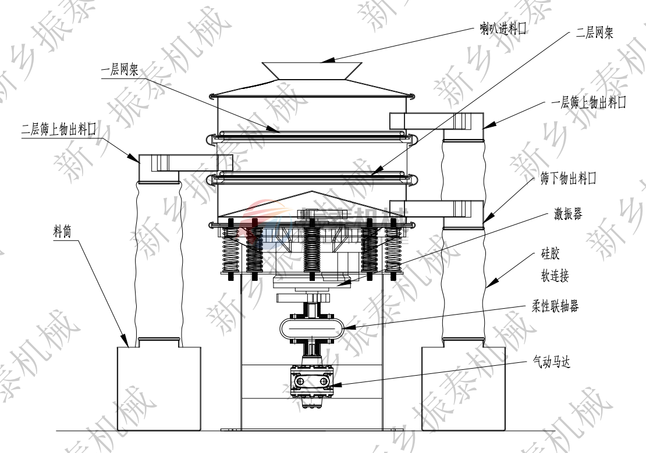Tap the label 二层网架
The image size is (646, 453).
pyautogui.click(x=594, y=34)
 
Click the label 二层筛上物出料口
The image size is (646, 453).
pyautogui.click(x=58, y=130)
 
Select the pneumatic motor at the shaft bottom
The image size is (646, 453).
pyautogui.click(x=311, y=381)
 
